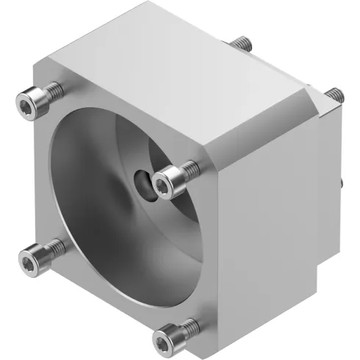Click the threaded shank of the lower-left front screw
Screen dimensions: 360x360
[x=53, y=248]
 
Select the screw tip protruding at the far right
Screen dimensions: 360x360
[x=334, y=94]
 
